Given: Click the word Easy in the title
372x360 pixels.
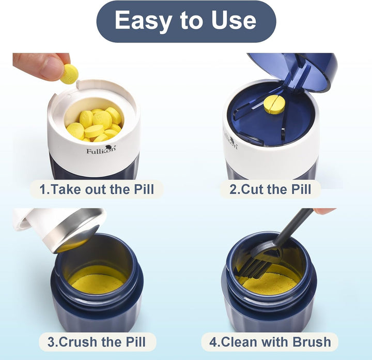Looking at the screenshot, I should click(x=142, y=21).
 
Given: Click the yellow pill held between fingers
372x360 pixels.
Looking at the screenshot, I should click(x=69, y=74).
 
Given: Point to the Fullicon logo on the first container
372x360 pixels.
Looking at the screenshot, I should click(x=101, y=149).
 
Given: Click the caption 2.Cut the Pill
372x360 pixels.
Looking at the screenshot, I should click(x=270, y=189).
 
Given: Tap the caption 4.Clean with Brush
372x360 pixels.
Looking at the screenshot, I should click(x=271, y=341).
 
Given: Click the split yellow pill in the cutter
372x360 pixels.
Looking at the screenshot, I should click(x=274, y=104).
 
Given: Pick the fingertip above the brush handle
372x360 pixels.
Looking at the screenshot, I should click(x=324, y=211).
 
